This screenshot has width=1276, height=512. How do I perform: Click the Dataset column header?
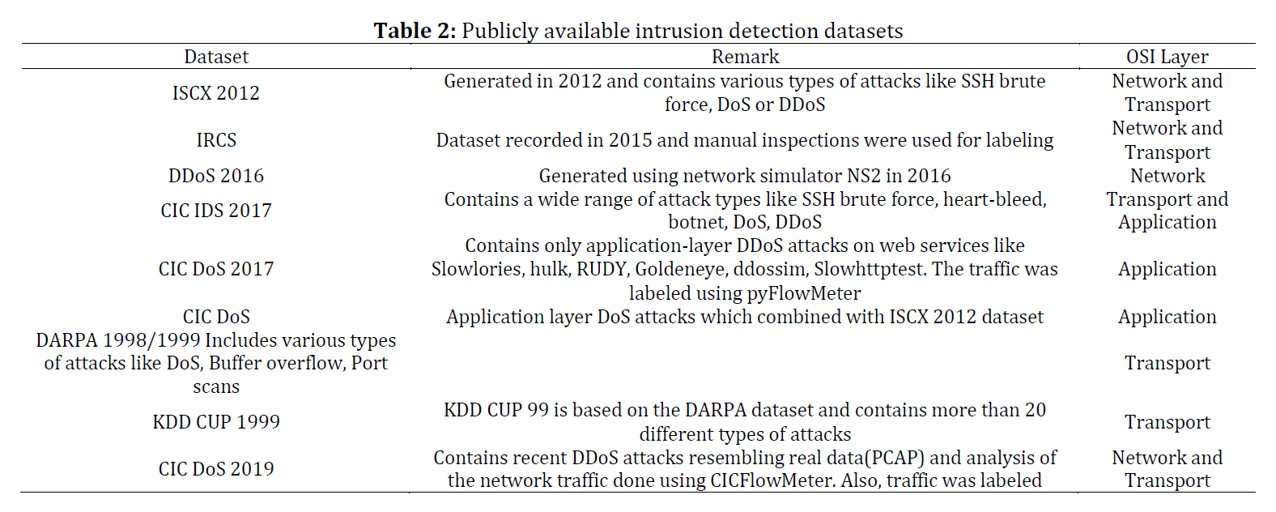pos(216,57)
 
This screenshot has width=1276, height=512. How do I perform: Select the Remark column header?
pos(745,57)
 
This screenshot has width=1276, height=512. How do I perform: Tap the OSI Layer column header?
pos(1168,57)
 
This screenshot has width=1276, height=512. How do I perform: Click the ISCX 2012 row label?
pos(216,93)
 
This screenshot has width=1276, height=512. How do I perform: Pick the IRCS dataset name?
pos(216,140)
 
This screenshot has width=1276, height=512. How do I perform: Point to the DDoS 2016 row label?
pos(216,176)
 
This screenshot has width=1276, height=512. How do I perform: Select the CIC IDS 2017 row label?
pos(216,211)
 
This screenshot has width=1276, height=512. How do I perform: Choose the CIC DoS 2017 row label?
pos(216,269)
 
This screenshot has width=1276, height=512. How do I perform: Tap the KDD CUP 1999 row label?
pos(216,422)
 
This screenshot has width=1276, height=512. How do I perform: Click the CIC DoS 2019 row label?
pos(216,469)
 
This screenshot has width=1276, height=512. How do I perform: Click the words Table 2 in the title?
pos(415,31)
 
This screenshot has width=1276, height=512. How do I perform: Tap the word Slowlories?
pos(478,269)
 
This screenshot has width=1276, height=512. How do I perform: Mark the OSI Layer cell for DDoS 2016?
pos(1168,176)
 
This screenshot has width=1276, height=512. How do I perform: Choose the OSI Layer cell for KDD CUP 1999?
pos(1168,422)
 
